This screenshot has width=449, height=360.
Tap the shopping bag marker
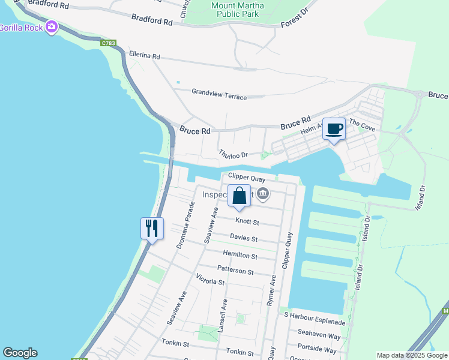[x=239, y=196]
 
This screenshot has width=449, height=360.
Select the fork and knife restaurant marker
[x=152, y=228]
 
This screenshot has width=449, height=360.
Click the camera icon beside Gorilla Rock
[x=52, y=26]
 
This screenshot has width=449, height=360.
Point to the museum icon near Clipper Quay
[x=263, y=194]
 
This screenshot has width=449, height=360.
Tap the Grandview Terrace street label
[x=219, y=94]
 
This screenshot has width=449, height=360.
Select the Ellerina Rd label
[x=144, y=55]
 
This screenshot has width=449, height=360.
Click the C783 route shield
[x=109, y=43]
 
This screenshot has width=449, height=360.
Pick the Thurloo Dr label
[x=233, y=154]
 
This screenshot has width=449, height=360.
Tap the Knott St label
[x=247, y=221]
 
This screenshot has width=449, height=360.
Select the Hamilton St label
[x=240, y=255]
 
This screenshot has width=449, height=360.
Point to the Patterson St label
[x=235, y=271]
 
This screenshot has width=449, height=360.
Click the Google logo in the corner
[x=20, y=353]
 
